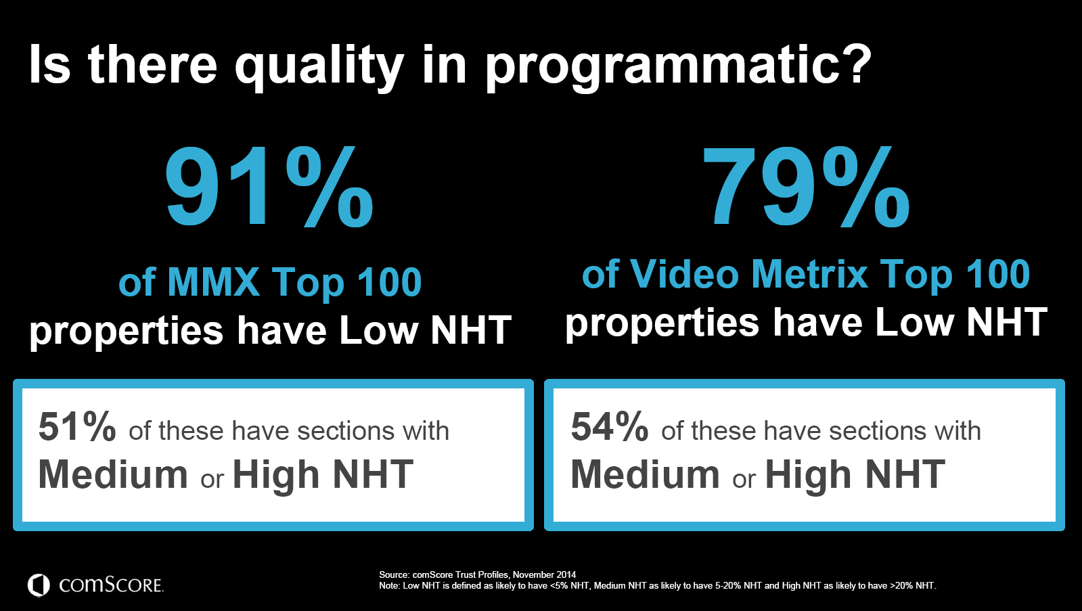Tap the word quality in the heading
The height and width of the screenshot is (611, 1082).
pyautogui.click(x=319, y=67)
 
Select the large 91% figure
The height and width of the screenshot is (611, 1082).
pyautogui.click(x=269, y=187)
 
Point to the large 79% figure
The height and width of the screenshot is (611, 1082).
pyautogui.click(x=806, y=187)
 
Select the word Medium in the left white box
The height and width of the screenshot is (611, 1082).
pyautogui.click(x=113, y=474)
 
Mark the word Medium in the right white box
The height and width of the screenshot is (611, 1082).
pyautogui.click(x=646, y=474)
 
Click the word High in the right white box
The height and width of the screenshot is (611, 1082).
pyautogui.click(x=808, y=476)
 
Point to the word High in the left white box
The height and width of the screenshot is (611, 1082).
pyautogui.click(x=276, y=476)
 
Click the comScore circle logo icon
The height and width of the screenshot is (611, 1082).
pyautogui.click(x=39, y=585)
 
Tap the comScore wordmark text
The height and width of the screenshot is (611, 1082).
pyautogui.click(x=111, y=585)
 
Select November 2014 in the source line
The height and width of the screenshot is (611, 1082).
pyautogui.click(x=544, y=574)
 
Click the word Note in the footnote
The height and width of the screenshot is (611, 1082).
pyautogui.click(x=388, y=586)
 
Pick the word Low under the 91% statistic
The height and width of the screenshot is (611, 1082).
pyautogui.click(x=379, y=331)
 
